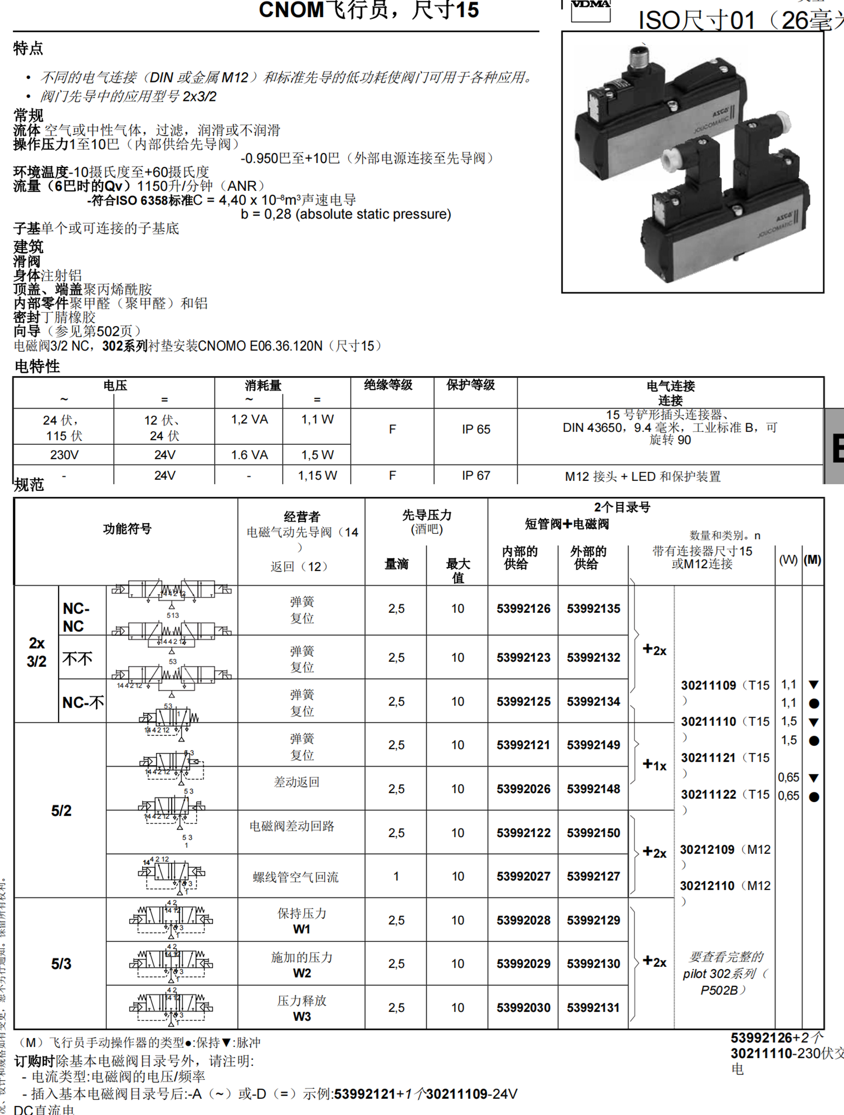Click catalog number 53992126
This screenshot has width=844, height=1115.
pyautogui.click(x=523, y=609)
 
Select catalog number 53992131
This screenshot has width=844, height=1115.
pyautogui.click(x=593, y=1008)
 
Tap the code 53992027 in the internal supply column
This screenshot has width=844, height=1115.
pyautogui.click(x=523, y=876)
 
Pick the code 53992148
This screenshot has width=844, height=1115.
pyautogui.click(x=593, y=789)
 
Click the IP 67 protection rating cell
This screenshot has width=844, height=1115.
pyautogui.click(x=476, y=475)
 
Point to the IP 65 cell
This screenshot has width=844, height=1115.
pyautogui.click(x=476, y=429)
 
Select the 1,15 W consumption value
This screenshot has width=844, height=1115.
pyautogui.click(x=317, y=475)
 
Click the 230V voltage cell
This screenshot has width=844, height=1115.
pyautogui.click(x=64, y=455)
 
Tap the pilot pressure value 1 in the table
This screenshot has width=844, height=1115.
pyautogui.click(x=396, y=876)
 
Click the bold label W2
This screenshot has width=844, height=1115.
pyautogui.click(x=301, y=973)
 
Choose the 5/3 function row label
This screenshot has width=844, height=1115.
pyautogui.click(x=61, y=964)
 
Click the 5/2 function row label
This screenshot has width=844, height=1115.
pyautogui.click(x=61, y=811)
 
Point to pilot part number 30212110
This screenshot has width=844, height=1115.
pyautogui.click(x=707, y=886)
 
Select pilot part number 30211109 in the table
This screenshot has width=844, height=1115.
pyautogui.click(x=708, y=685)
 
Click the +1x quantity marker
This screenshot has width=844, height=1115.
pyautogui.click(x=655, y=765)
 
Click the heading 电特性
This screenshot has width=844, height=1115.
pyautogui.click(x=37, y=366)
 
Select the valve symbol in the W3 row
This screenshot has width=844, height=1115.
pyautogui.click(x=171, y=1006)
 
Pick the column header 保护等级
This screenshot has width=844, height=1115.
pyautogui.click(x=471, y=385)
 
